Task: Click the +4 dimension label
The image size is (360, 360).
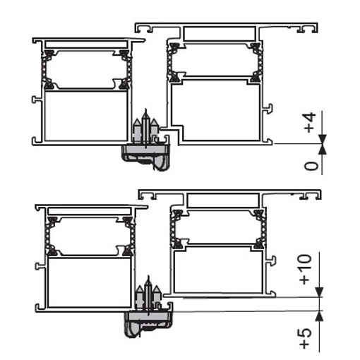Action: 309,123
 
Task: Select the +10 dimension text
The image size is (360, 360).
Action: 306,269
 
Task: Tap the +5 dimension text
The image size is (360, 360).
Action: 306,338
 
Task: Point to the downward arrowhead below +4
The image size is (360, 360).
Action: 323,139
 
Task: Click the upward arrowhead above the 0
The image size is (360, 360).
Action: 323,149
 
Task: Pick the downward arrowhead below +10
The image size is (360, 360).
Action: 319,292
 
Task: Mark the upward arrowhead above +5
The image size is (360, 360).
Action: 319,316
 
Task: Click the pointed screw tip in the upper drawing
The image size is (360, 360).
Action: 145,110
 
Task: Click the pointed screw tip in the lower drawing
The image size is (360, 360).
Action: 148,277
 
